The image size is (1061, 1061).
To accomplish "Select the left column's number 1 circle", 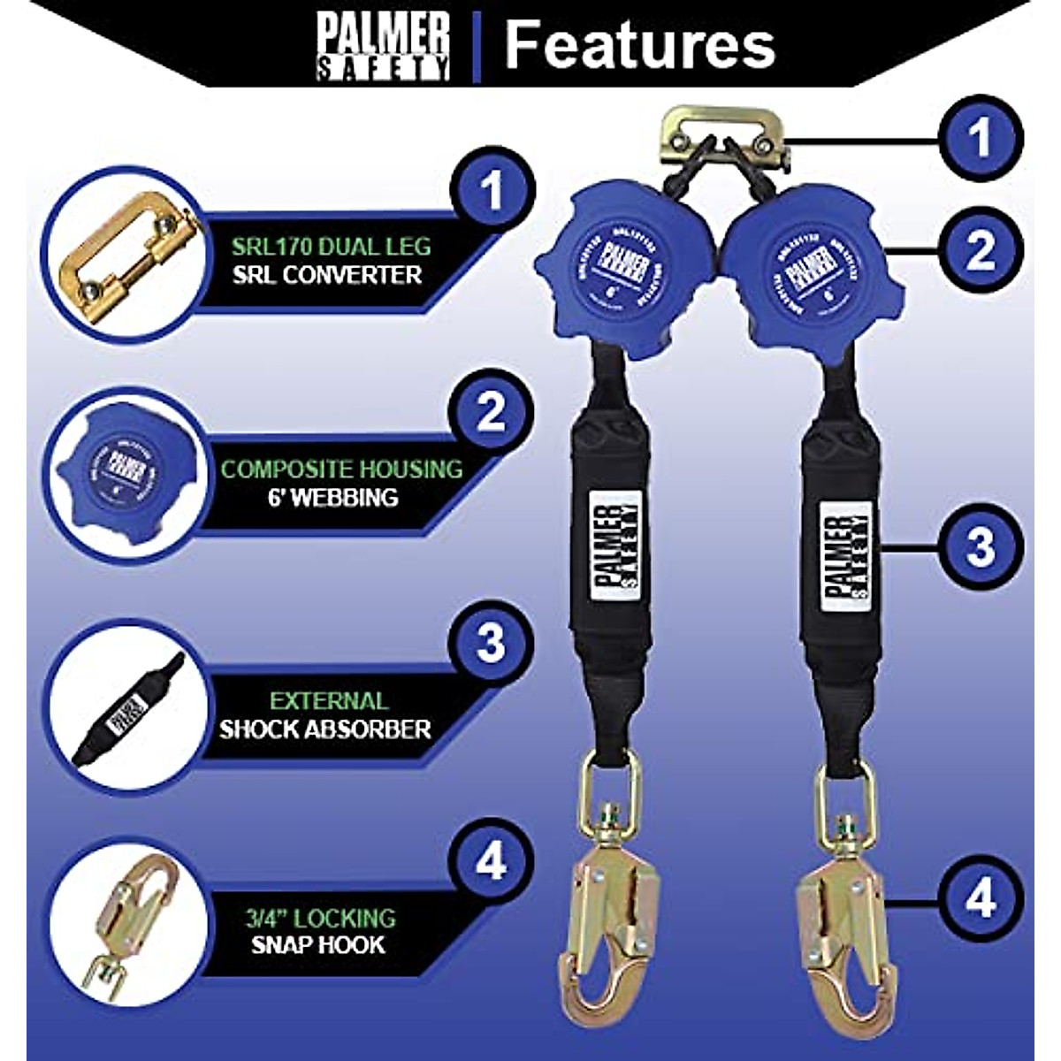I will pyautogui.click(x=492, y=190).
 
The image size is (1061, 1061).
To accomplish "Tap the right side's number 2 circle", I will pyautogui.click(x=981, y=252).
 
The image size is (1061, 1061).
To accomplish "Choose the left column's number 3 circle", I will pyautogui.click(x=492, y=645).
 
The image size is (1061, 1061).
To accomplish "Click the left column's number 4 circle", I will pyautogui.click(x=492, y=862).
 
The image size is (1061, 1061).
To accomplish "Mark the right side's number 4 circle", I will pyautogui.click(x=981, y=900).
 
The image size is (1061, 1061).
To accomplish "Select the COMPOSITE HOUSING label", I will pyautogui.click(x=341, y=469).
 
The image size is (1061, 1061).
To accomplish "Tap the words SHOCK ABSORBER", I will pyautogui.click(x=324, y=729).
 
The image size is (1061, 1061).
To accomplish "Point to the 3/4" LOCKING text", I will pyautogui.click(x=320, y=917).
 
